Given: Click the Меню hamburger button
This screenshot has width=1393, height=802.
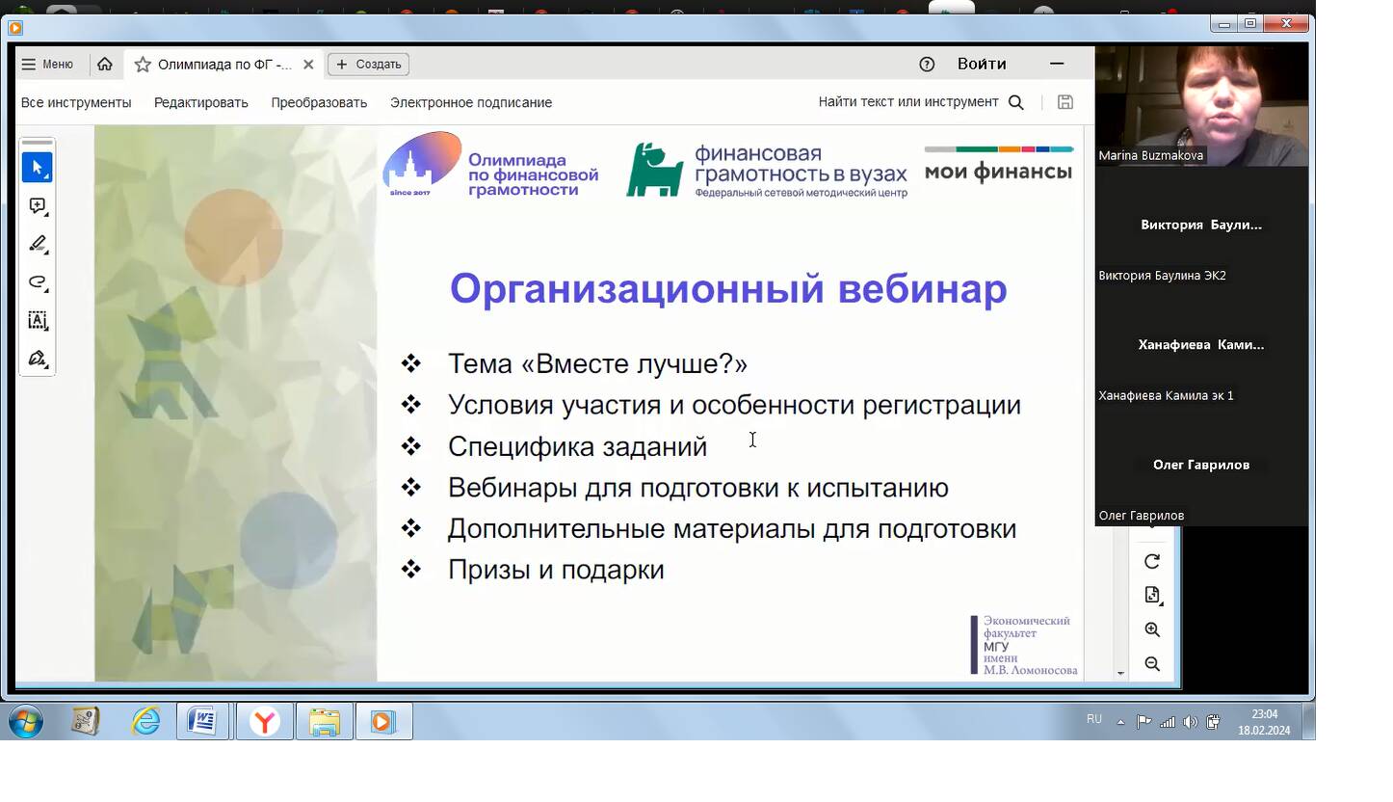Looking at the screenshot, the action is [x=47, y=64].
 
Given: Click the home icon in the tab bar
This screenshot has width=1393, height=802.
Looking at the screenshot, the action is [x=104, y=64].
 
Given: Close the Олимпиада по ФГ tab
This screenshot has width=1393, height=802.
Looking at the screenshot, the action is [x=308, y=65].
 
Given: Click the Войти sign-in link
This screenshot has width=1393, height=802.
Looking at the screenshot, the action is [x=982, y=64].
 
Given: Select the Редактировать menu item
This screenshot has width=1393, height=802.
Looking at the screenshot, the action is [x=201, y=103].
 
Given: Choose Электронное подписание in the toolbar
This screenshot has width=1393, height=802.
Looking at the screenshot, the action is [x=471, y=103].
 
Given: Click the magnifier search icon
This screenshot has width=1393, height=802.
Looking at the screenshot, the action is [x=1015, y=103].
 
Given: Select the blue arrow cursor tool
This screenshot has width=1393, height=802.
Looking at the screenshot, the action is [x=38, y=168].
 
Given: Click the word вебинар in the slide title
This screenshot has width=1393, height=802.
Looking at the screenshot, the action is [x=922, y=289].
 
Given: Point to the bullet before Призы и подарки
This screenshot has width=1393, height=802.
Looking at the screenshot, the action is [x=411, y=569].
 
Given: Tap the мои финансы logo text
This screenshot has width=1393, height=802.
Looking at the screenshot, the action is [x=999, y=172].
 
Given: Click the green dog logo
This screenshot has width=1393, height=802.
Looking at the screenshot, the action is [x=654, y=170].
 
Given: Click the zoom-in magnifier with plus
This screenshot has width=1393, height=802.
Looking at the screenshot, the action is [x=1152, y=629].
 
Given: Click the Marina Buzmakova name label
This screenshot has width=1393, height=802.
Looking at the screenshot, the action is [x=1150, y=155].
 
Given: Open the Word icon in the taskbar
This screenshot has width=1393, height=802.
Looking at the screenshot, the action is [x=202, y=721].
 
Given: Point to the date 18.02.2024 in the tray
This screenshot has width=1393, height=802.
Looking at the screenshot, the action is [x=1264, y=731].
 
